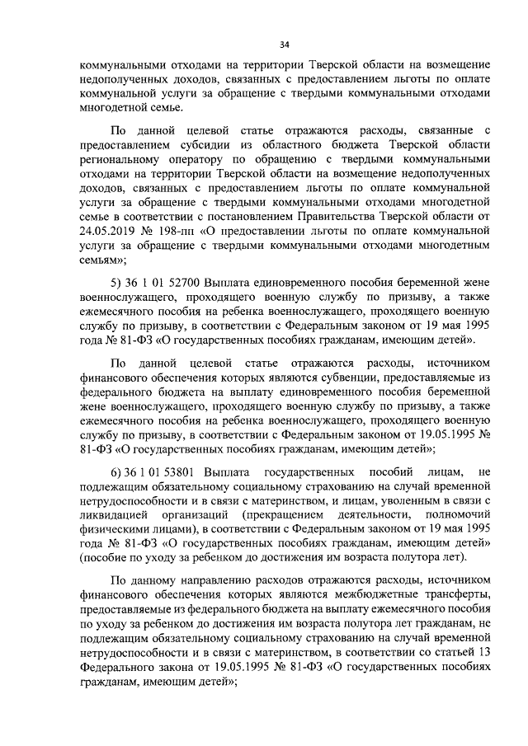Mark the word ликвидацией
click(x=97, y=518)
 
